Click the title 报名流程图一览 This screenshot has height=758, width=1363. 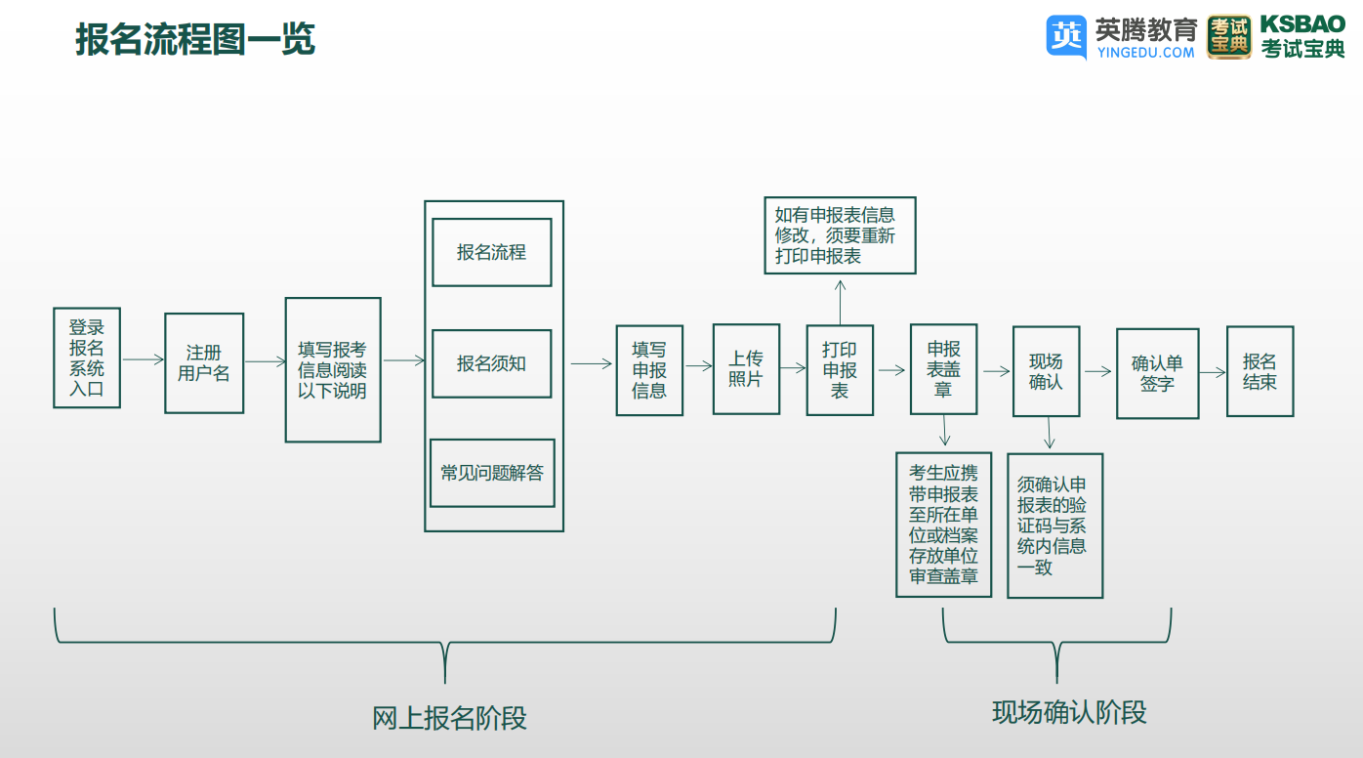coord(195,39)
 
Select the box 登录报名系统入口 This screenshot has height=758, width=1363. coord(87,358)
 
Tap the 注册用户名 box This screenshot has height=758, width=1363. coord(204,363)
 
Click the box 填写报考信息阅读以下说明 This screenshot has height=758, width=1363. coord(333,370)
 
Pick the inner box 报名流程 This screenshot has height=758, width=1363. coord(492,252)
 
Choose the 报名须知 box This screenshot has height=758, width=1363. coord(492,363)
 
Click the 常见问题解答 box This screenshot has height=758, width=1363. coord(492,473)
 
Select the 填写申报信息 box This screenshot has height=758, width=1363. coord(649,370)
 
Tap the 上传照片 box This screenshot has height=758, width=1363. coord(746,369)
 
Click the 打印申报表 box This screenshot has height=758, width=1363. coord(840,370)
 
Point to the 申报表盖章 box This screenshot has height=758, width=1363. coord(944,369)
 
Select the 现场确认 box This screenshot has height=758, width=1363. coord(1047,371)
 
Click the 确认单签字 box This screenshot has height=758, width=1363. coord(1157,373)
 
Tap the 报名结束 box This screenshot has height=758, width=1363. coord(1260,371)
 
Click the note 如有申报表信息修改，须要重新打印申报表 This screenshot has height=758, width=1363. coord(841,235)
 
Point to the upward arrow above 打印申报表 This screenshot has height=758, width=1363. coord(841,302)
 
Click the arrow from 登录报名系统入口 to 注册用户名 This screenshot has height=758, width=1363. coord(144,359)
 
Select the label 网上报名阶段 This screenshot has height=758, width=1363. coord(449,718)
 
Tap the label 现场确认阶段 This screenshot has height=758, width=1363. coord(1069,712)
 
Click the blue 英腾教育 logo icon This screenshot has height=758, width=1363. coord(1066,36)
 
